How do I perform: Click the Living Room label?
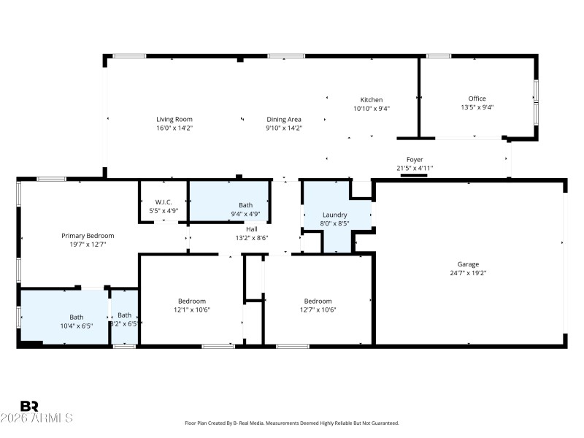click(174, 119)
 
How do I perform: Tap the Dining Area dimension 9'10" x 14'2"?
click(283, 128)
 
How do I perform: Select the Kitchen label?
click(371, 100)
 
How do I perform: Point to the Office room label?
click(477, 99)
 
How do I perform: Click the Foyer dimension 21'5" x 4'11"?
click(414, 168)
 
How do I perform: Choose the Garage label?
click(468, 264)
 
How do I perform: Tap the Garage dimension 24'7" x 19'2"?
click(468, 273)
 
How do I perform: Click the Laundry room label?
click(334, 215)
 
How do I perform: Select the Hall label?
click(251, 229)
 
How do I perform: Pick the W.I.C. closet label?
click(163, 202)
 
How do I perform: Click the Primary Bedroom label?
click(88, 235)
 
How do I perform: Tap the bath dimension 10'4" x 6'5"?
click(76, 326)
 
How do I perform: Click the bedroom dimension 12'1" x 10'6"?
click(192, 310)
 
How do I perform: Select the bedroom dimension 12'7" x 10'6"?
click(318, 310)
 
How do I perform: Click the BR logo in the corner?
click(29, 406)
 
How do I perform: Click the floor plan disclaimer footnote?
click(292, 423)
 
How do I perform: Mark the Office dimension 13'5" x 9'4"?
click(477, 107)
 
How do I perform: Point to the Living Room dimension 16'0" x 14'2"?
click(174, 128)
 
